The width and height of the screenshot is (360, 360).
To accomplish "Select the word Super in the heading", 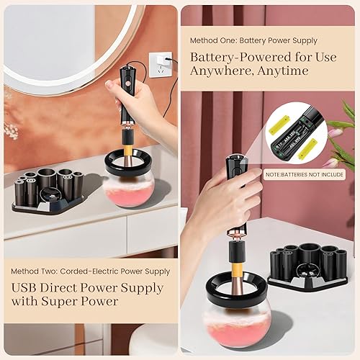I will coord(55,302).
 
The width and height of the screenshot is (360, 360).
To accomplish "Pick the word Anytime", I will coord(282,71).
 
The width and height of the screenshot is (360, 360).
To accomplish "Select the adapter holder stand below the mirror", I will coord(50,190).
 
